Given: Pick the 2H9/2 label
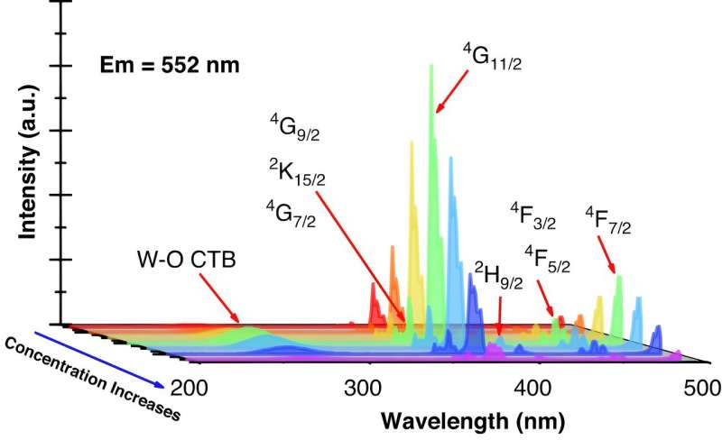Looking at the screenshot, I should [x=497, y=270].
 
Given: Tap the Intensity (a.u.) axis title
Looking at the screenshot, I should [x=29, y=168].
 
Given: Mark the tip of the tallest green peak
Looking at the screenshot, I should [x=431, y=65].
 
